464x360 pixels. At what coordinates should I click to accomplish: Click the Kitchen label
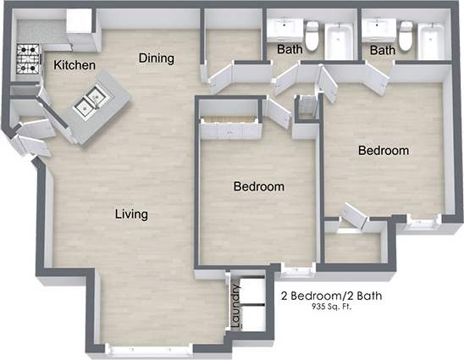tap(75, 65)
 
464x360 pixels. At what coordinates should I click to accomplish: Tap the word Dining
tap(157, 58)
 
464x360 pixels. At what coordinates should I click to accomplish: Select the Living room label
tap(131, 214)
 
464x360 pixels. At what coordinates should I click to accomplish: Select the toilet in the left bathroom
tap(312, 36)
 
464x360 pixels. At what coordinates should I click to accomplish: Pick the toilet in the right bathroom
tap(406, 36)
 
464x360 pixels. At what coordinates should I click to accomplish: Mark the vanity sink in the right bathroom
tap(375, 27)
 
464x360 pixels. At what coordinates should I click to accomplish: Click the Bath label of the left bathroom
tap(290, 50)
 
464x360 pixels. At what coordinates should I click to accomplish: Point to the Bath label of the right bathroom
tap(383, 50)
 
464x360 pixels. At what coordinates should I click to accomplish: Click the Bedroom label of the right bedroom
tap(383, 151)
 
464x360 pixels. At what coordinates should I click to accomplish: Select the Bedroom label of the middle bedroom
tap(258, 186)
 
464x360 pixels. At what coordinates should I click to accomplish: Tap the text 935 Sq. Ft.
tap(331, 307)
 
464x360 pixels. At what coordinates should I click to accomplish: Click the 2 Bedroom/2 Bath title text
tap(330, 296)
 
